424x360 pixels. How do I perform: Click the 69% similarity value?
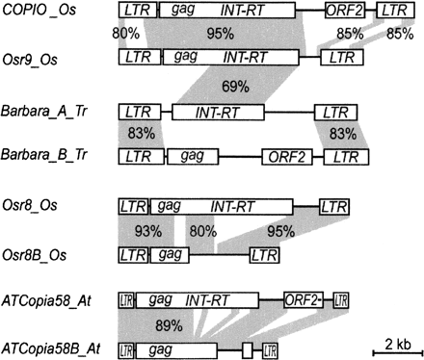click(235, 87)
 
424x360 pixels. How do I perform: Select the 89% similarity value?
click(169, 325)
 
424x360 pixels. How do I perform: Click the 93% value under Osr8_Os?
click(147, 231)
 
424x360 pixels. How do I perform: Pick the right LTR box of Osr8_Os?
click(333, 206)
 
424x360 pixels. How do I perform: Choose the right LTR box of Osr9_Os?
click(339, 58)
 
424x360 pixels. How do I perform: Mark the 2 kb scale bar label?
click(393, 344)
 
